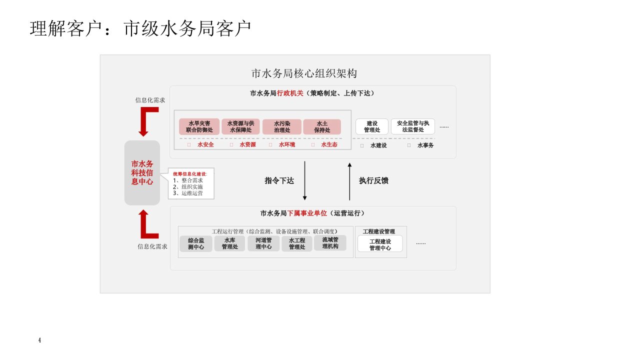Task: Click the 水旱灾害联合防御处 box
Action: point(199,126)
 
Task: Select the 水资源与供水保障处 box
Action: point(241,126)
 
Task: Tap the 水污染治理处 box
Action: point(282,126)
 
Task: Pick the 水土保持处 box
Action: point(322,126)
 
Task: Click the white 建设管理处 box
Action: point(371,126)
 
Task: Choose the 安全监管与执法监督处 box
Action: point(413,126)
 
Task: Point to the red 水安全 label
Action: point(205,145)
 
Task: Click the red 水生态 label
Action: point(329,145)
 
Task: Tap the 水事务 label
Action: point(425,145)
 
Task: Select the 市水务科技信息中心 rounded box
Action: point(142,172)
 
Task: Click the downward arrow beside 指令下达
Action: point(304,180)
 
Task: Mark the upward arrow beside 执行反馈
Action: point(349,180)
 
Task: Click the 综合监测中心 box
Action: point(196,243)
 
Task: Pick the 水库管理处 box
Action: point(230,243)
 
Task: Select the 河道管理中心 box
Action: point(263,243)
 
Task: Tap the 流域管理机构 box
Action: point(330,243)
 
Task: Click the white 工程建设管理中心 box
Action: point(380,244)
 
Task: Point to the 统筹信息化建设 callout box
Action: point(190,183)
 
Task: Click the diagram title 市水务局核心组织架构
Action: point(304,73)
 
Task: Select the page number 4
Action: point(39,340)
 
